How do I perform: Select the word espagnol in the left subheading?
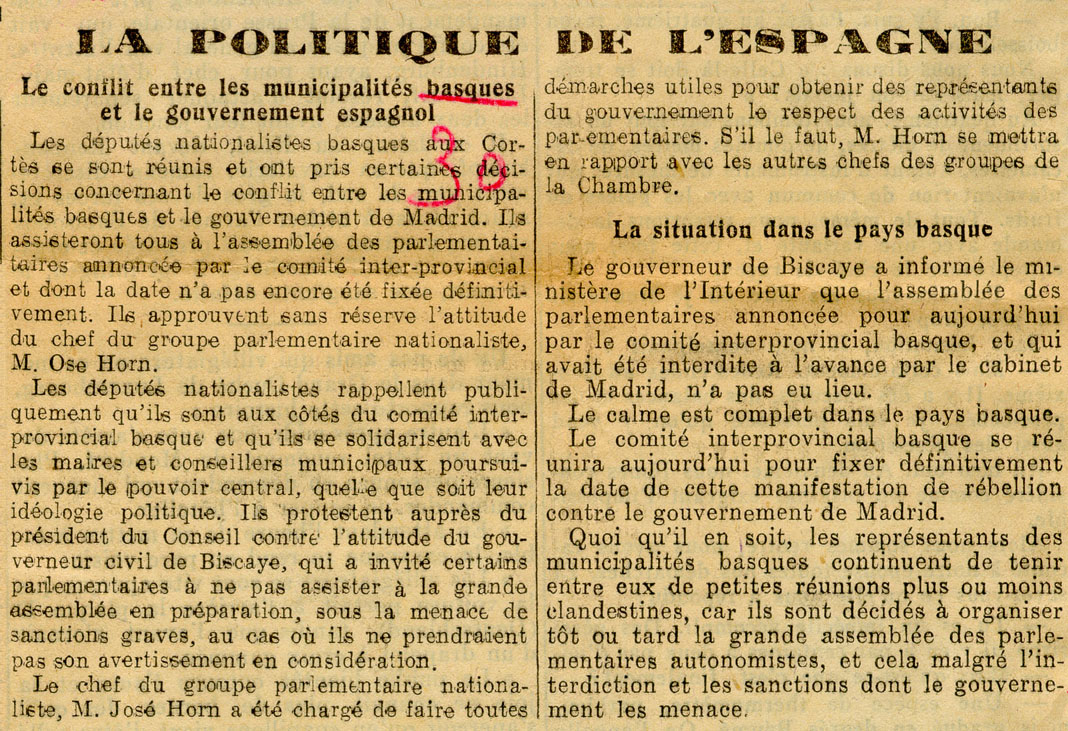pos(386,113)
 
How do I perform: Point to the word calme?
pos(649,413)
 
